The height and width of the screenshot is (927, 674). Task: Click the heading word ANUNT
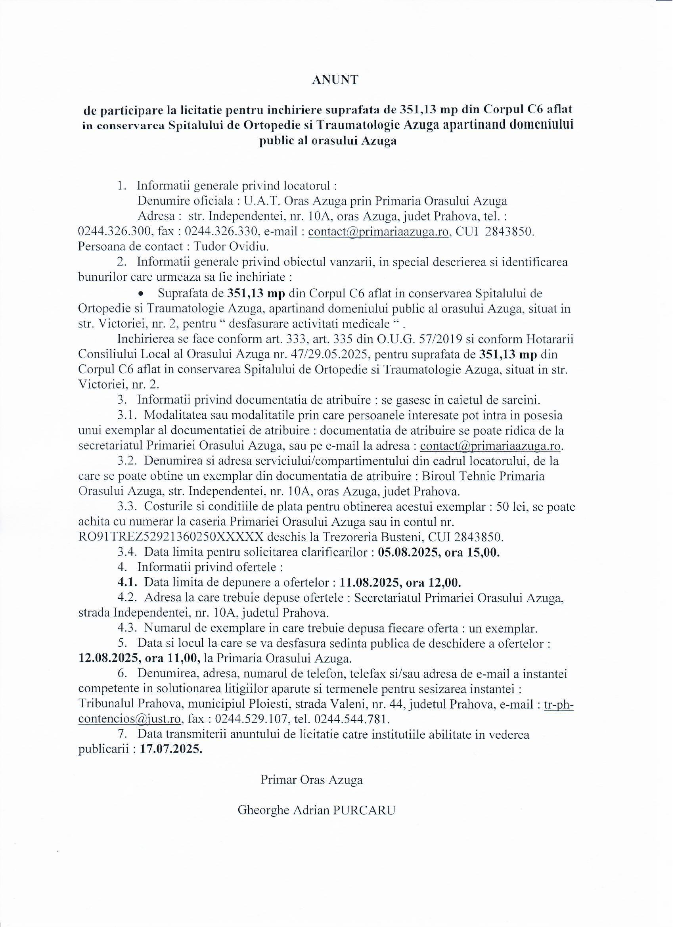click(335, 80)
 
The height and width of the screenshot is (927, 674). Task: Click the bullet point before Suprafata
click(142, 294)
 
